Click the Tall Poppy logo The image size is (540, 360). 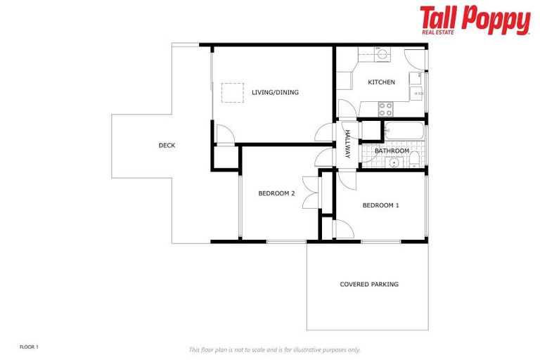point(475,20)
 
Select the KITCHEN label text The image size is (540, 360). point(381,82)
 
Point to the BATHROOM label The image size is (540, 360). point(392,151)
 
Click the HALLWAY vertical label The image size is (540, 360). point(347,145)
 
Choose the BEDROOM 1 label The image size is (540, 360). point(380,205)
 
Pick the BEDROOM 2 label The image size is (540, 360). point(276,193)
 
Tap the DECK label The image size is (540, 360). point(167,146)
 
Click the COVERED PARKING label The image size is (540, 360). point(369,284)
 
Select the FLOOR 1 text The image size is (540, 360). point(29,347)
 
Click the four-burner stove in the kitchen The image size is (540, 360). point(386,109)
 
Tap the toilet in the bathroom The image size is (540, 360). point(416,158)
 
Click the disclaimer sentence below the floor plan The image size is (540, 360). point(274,349)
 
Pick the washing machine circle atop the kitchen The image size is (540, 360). point(382,53)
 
